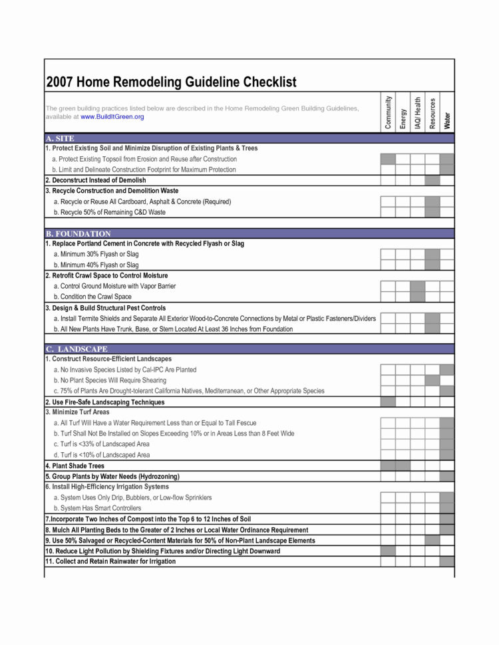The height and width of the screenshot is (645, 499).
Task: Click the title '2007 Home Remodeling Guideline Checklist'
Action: (171, 82)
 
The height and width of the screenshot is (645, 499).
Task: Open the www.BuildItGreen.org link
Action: (112, 117)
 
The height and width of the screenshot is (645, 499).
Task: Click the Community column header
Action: (388, 112)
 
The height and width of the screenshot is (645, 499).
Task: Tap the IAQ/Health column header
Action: (418, 112)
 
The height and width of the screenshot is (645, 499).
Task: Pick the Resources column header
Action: (432, 112)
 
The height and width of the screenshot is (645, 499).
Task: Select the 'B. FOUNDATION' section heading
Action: (79, 234)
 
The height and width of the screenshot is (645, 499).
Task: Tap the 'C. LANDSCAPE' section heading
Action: (77, 349)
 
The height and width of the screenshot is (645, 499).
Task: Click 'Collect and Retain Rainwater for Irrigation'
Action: (110, 562)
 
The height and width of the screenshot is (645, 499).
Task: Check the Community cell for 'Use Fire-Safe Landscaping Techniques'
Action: (388, 402)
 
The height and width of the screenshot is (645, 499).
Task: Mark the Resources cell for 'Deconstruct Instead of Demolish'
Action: (432, 180)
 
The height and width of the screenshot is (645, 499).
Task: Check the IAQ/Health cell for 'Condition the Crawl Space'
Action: (418, 297)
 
